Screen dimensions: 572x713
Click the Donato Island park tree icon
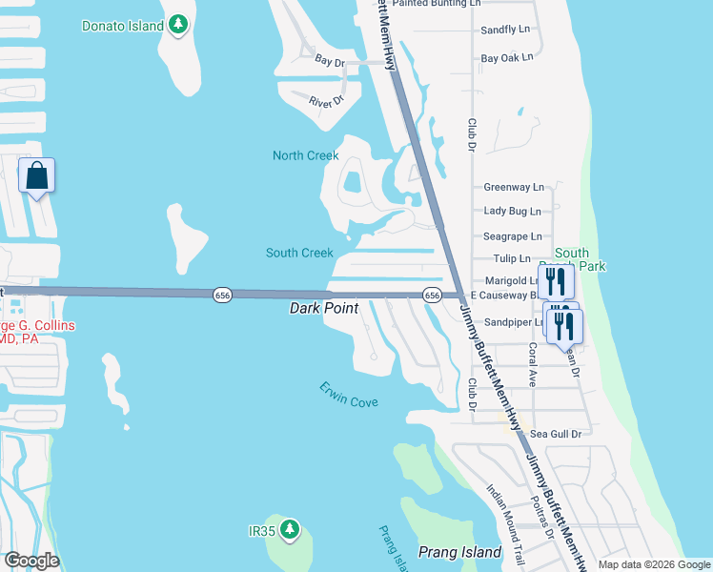(x=178, y=26)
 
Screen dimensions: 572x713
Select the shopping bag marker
(x=37, y=176)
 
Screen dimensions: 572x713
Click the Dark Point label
(x=324, y=309)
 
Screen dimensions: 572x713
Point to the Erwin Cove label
(x=349, y=395)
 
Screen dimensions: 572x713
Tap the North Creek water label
(x=306, y=155)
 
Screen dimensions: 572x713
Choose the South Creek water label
(x=299, y=253)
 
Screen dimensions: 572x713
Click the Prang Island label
(x=459, y=552)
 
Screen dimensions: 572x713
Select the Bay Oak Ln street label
(x=506, y=58)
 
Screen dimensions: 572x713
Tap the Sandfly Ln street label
(x=505, y=30)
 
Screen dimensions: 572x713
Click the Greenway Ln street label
(x=514, y=187)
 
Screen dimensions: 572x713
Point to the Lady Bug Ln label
(x=512, y=211)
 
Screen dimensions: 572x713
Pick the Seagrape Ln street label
(x=512, y=235)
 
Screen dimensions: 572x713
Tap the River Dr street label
(x=326, y=99)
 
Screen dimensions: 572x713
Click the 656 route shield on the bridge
(x=222, y=296)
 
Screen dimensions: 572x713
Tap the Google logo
(x=31, y=561)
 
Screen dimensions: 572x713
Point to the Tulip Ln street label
(x=512, y=258)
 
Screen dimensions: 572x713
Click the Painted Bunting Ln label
(x=437, y=4)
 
